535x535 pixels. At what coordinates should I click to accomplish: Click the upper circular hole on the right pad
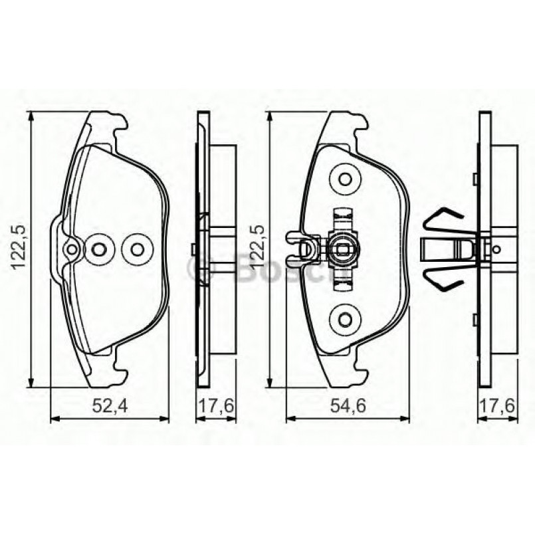point(344,179)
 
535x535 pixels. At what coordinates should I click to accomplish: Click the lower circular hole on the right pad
point(344,319)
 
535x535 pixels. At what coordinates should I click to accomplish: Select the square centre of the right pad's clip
point(344,250)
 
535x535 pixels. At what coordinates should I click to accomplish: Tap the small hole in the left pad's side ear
point(72,249)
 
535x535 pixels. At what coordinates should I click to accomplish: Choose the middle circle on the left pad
point(100,249)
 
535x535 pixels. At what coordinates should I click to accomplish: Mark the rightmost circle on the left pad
point(137,249)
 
